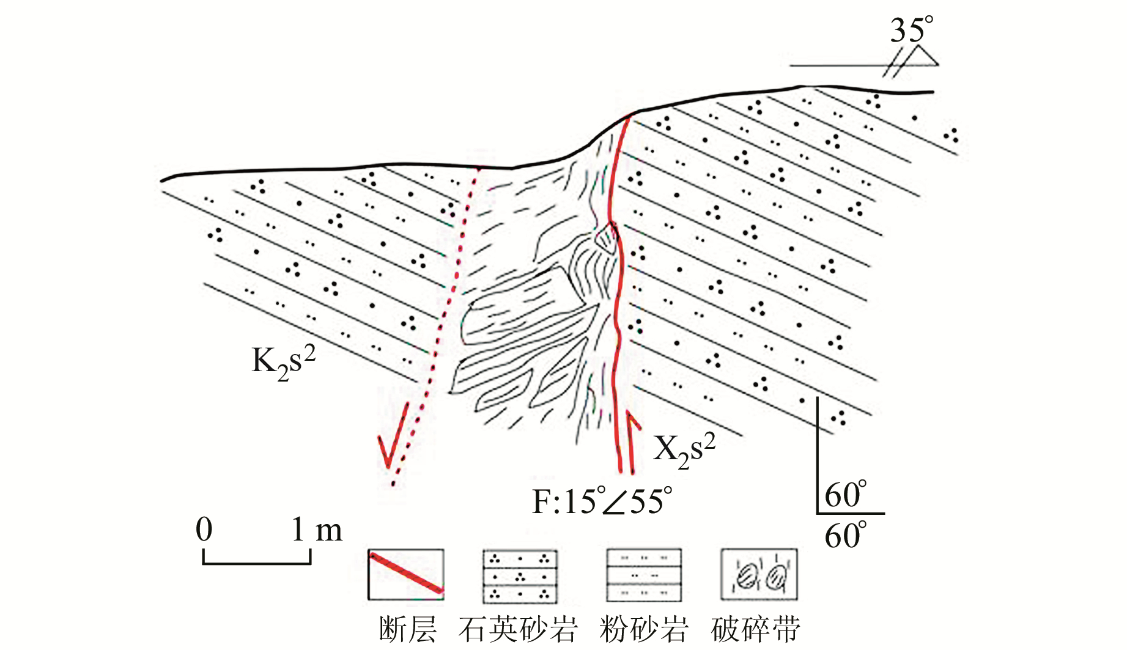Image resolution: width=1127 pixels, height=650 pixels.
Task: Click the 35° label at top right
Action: tap(911, 30)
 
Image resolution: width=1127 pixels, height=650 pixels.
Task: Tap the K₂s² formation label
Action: tap(283, 362)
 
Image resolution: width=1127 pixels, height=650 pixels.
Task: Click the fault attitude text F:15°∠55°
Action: tap(602, 501)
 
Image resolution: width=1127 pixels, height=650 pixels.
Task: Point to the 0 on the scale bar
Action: tap(204, 529)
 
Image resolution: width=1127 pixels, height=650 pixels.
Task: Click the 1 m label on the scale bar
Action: tap(317, 530)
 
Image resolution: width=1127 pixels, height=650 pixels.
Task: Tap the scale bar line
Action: tap(257, 561)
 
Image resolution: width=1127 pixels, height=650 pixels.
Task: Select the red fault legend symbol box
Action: tap(406, 574)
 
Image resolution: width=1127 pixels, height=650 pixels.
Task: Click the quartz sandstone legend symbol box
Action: tap(520, 575)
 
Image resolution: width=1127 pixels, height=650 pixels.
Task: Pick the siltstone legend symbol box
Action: tap(643, 575)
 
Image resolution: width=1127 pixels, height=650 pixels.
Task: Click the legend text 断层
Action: tap(407, 630)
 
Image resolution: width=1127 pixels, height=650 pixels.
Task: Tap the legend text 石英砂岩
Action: tap(518, 630)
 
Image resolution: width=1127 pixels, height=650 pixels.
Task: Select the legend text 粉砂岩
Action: tap(643, 630)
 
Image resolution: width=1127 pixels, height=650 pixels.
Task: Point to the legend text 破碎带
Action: tap(756, 630)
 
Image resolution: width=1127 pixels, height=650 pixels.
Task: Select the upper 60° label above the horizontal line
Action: tap(845, 495)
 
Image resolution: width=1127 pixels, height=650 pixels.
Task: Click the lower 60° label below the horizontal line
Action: tap(845, 536)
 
